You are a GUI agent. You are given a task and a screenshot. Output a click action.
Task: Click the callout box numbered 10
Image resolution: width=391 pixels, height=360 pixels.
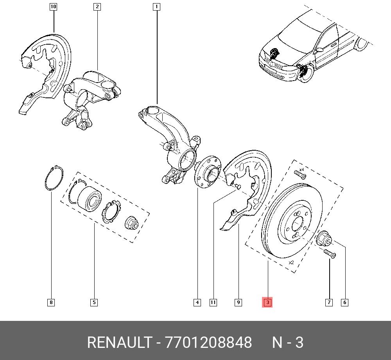click(54, 7)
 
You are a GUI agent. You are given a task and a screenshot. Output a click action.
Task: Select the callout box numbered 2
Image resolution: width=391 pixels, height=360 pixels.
click(97, 7)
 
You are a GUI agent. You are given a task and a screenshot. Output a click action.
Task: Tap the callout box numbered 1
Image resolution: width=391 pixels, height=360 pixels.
click(156, 7)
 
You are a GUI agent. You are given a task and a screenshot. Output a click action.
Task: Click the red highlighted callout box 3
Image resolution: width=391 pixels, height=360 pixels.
click(267, 302)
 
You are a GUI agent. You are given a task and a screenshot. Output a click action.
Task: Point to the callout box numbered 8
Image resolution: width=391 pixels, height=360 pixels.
click(51, 302)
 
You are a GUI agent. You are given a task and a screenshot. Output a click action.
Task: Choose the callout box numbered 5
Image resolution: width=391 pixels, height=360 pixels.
click(94, 302)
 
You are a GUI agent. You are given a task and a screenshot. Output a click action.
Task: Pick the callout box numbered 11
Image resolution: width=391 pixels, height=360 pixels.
click(213, 302)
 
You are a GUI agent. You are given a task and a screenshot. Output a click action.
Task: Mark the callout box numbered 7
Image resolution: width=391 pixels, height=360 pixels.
click(329, 302)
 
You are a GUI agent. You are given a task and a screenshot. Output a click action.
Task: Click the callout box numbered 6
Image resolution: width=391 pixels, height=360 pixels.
click(344, 302)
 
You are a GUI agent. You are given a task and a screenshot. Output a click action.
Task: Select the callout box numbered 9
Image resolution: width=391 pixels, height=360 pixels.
click(238, 302)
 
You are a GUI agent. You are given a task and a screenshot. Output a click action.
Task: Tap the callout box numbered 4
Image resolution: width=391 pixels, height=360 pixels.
click(197, 302)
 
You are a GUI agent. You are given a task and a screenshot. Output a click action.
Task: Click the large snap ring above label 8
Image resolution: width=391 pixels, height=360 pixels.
click(51, 178)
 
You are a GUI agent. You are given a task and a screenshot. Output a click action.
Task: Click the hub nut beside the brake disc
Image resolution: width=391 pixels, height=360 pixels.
click(323, 238)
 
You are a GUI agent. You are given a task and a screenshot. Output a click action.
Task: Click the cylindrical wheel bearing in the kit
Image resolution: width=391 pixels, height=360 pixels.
click(89, 197)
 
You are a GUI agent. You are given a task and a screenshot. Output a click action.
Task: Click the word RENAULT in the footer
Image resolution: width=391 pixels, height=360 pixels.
click(118, 343)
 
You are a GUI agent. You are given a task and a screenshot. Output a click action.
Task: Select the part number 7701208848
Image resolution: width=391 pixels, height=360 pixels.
click(208, 343)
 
